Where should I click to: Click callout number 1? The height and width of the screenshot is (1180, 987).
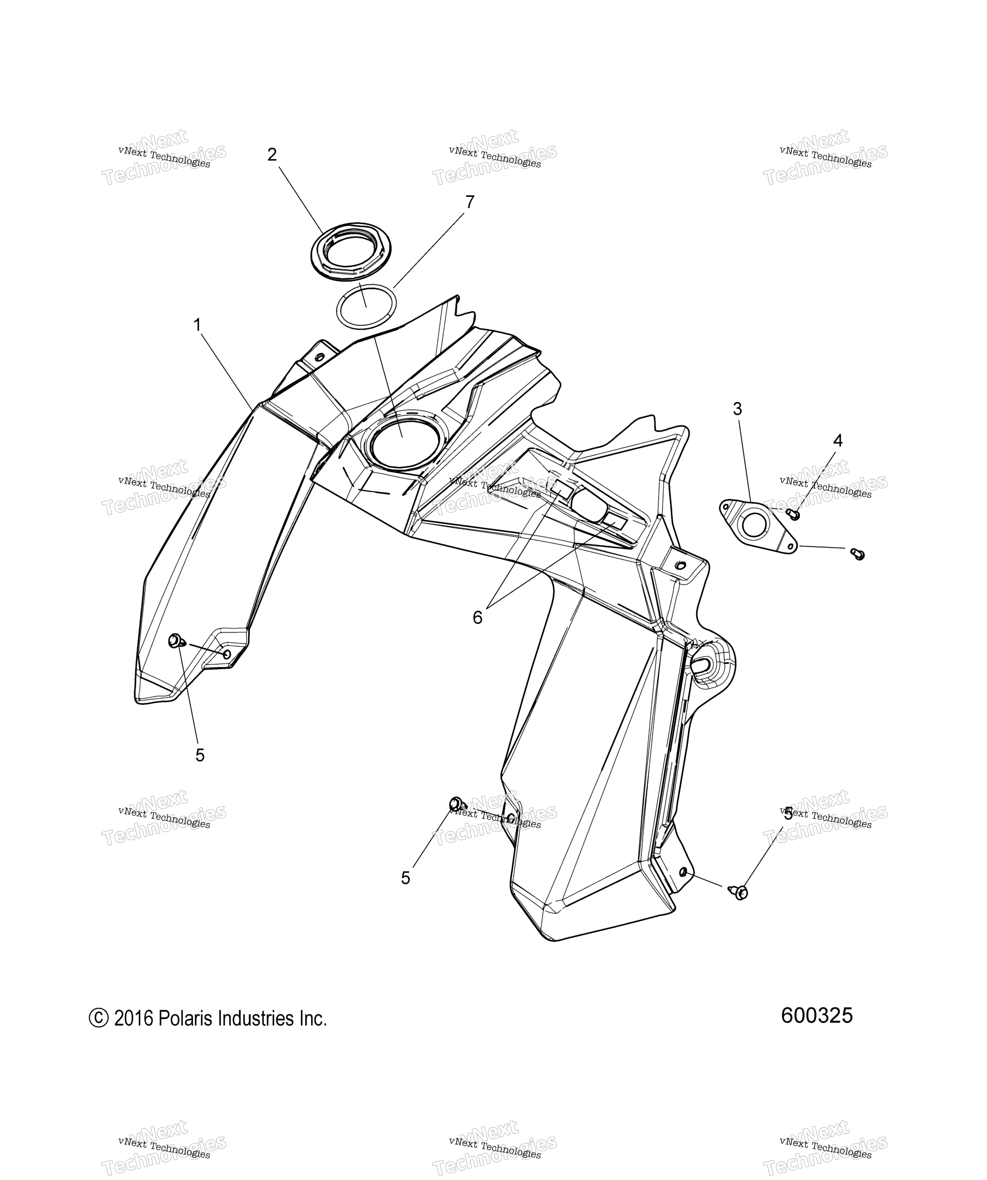197,325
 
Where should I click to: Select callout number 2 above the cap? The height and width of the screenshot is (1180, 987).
272,154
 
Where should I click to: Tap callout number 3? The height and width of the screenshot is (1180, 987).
737,409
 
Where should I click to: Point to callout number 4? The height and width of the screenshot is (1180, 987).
838,441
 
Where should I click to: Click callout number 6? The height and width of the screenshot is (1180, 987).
477,618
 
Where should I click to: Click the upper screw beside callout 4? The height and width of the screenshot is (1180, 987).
793,514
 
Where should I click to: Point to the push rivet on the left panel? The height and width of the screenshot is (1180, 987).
176,640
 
